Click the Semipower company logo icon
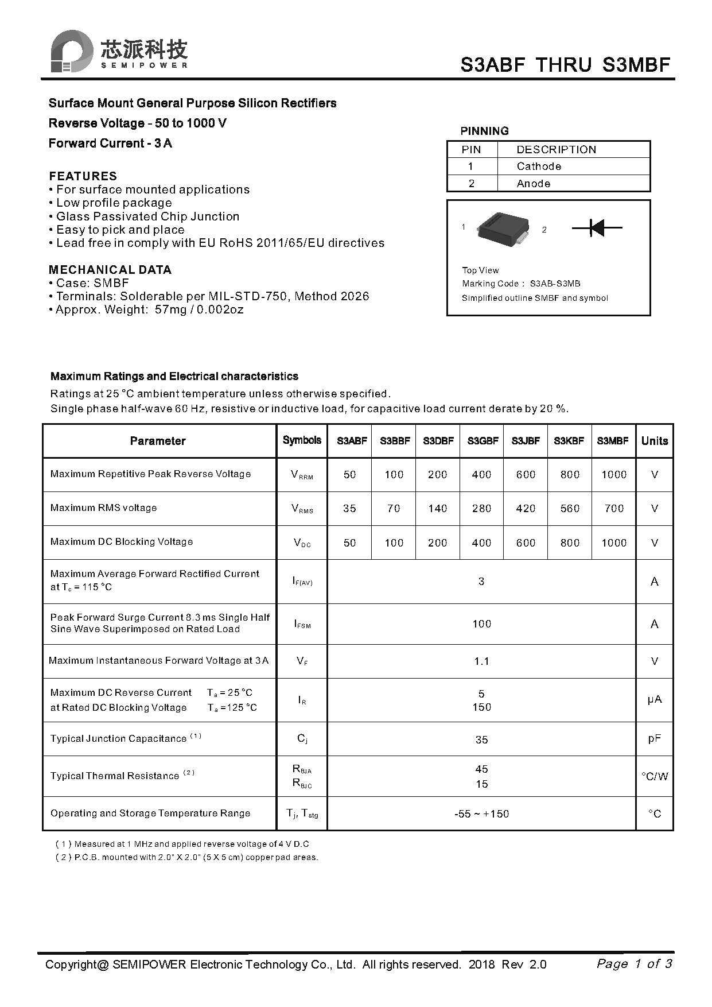tap(71, 51)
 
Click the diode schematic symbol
tap(597, 228)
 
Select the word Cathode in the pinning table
tap(539, 166)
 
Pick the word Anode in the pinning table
tap(533, 184)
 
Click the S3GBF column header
tap(482, 441)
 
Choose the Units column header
tap(654, 441)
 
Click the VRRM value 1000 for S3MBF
tap(613, 475)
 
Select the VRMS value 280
tap(481, 509)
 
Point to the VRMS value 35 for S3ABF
tap(349, 509)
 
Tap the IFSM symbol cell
tap(302, 624)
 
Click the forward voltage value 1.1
tap(481, 661)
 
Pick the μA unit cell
tap(654, 700)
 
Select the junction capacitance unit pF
tap(654, 739)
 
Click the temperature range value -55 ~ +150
tap(481, 814)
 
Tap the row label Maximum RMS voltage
tap(103, 508)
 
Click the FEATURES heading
tap(83, 176)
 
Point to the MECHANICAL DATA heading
tap(110, 270)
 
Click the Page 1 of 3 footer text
tap(634, 964)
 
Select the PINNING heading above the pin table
tap(484, 131)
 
